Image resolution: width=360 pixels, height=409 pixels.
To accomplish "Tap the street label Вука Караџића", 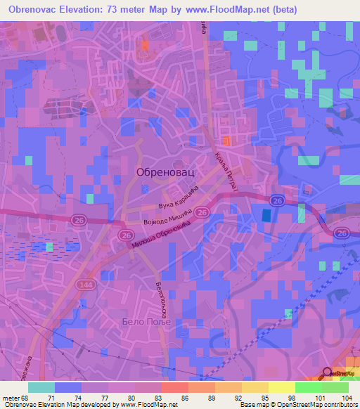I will point(180,198).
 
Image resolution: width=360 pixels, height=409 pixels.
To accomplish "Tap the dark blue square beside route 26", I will point(266,216).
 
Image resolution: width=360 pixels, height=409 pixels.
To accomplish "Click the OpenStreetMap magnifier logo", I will point(328,373).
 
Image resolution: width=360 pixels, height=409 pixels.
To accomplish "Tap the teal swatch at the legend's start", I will point(41,387).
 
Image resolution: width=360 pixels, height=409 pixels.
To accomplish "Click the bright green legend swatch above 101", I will point(308,387).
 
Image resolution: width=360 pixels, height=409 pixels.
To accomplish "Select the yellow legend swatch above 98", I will point(281,387).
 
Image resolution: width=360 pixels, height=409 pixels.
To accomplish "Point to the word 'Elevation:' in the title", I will point(89,9).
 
